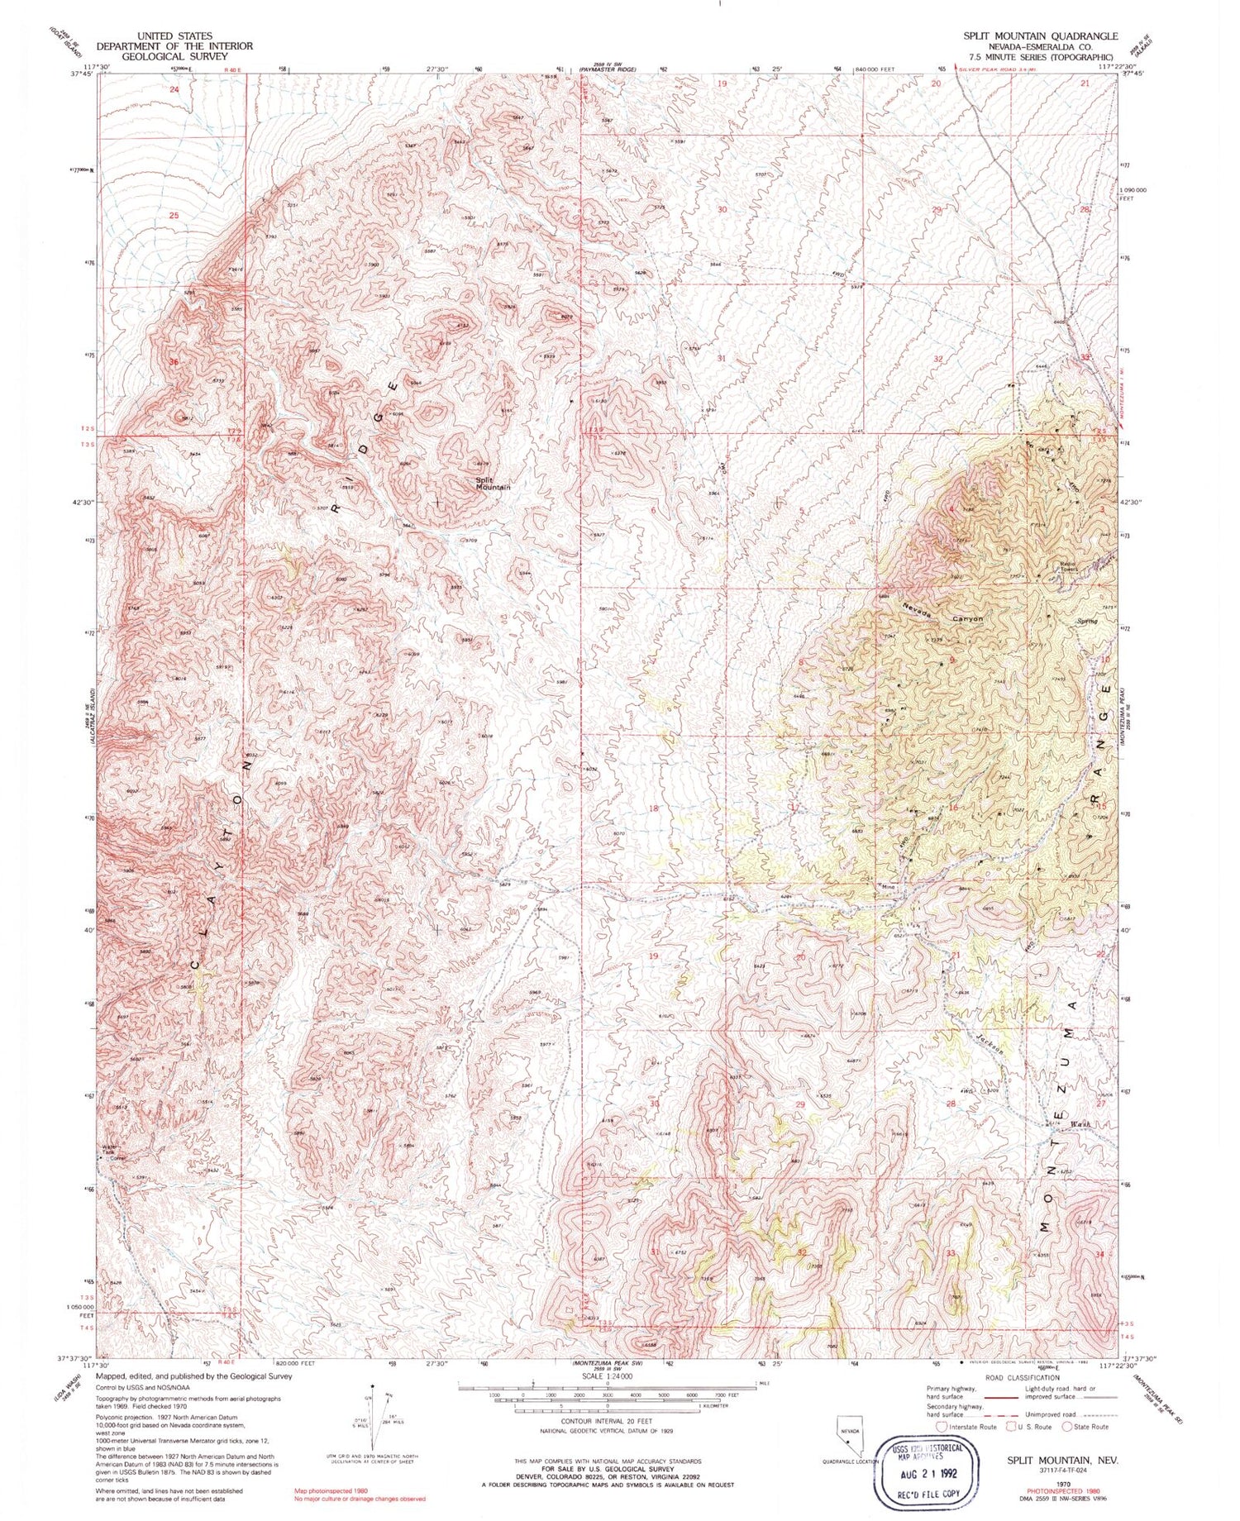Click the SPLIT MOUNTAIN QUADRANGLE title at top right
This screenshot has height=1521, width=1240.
(x=1039, y=36)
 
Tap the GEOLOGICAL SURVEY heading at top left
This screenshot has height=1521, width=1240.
(x=174, y=57)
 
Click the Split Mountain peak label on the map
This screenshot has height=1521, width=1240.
(x=492, y=484)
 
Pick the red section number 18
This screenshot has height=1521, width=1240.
(x=653, y=808)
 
